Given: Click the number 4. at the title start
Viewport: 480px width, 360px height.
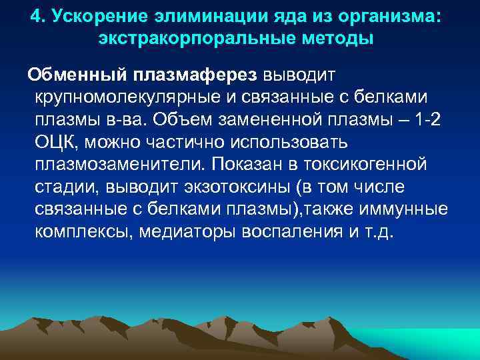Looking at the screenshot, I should click(x=39, y=15).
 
